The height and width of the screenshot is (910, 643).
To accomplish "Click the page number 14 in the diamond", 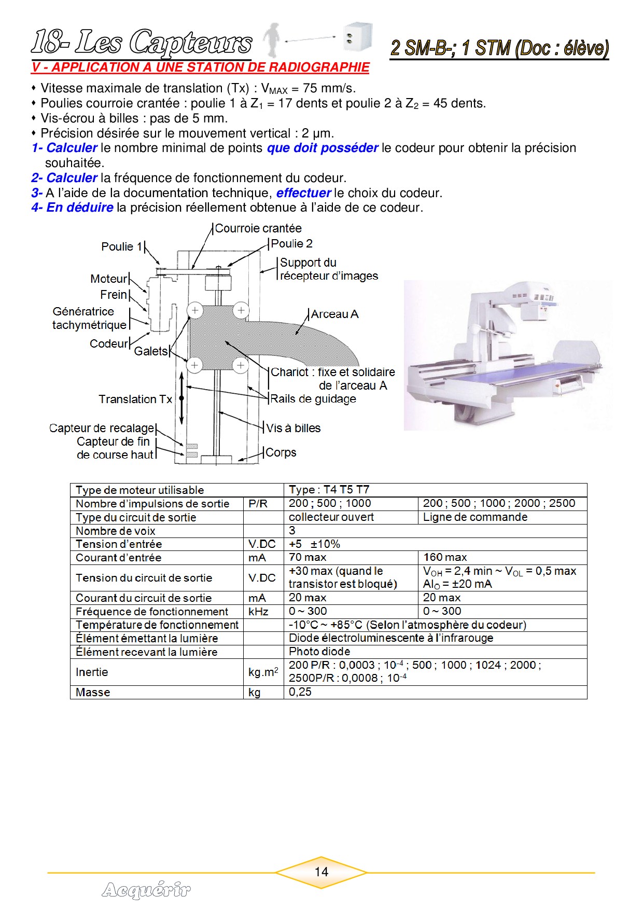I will click(x=321, y=872).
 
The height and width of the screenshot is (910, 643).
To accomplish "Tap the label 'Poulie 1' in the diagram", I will click(x=121, y=246).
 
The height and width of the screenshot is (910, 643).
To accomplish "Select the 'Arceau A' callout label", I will click(x=334, y=314).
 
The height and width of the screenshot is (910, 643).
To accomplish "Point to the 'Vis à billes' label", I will click(x=293, y=428).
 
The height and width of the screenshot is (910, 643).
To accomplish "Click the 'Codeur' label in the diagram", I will click(x=108, y=343).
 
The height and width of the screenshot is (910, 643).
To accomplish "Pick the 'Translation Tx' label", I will click(x=135, y=399).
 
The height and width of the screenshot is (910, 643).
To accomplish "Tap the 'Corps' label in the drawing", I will click(x=281, y=452).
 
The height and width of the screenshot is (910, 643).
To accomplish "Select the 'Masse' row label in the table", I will click(x=93, y=692).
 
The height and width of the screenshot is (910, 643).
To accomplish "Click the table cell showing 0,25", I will click(x=300, y=692).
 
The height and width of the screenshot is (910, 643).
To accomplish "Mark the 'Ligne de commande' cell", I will click(x=475, y=517).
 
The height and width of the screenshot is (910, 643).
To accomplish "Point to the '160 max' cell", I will click(x=445, y=557).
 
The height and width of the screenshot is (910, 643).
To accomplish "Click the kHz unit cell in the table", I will click(x=258, y=611).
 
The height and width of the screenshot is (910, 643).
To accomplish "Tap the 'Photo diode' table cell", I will click(x=319, y=651).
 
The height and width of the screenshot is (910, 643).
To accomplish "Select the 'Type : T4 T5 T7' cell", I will click(x=329, y=489).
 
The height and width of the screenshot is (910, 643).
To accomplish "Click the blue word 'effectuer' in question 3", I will click(x=303, y=193).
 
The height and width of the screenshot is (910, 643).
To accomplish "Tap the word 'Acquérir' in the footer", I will click(x=146, y=890).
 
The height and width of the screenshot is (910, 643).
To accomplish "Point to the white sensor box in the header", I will click(x=357, y=36).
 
